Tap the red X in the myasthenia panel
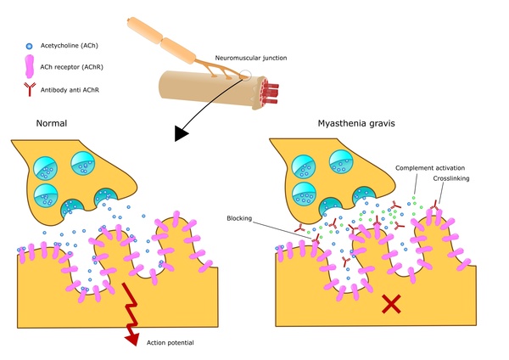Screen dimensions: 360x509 click(x=391, y=303)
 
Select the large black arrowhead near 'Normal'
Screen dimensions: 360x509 click(x=182, y=132)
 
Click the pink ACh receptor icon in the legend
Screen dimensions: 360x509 click(x=31, y=64)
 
